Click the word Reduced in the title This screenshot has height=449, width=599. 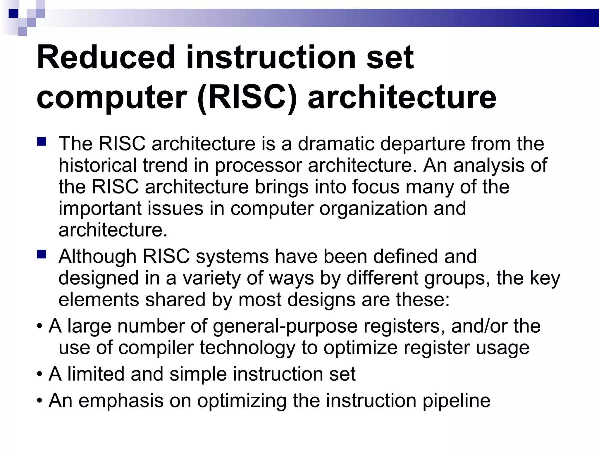[105, 57]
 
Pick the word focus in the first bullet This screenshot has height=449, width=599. [376, 187]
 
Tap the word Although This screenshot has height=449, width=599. [97, 257]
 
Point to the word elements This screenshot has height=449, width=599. [99, 300]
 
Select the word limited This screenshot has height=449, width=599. [96, 374]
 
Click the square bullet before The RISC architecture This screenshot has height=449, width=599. [42, 142]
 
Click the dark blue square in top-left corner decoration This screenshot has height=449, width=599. [13, 13]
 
